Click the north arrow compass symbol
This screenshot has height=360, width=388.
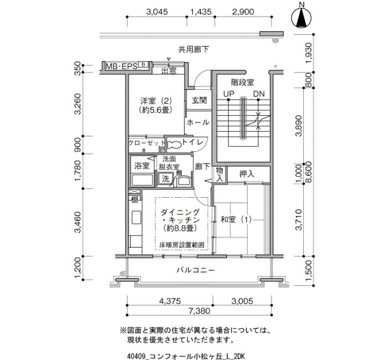[x=302, y=18]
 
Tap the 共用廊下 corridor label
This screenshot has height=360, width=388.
[x=194, y=49]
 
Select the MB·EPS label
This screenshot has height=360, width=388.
[x=121, y=66]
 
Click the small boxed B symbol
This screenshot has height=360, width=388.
[x=143, y=65]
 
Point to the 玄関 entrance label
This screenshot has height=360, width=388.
[x=199, y=100]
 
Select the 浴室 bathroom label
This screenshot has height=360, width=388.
[x=142, y=166]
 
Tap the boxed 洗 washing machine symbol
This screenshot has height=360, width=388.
[x=166, y=178]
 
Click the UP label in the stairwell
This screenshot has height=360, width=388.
[x=228, y=94]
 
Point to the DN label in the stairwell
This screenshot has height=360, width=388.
[x=259, y=94]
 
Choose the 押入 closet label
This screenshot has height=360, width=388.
[x=247, y=174]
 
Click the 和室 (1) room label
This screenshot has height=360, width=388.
[x=236, y=219]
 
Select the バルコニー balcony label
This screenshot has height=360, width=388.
[x=196, y=270]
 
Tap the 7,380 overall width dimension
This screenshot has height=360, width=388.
[x=199, y=311]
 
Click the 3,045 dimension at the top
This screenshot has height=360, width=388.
[x=157, y=12]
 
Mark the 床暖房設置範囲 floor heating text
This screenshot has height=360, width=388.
[x=182, y=245]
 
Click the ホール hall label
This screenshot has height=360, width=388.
[x=198, y=122]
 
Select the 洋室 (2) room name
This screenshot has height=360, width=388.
[x=156, y=101]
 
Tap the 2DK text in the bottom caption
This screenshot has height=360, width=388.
[x=239, y=356]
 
